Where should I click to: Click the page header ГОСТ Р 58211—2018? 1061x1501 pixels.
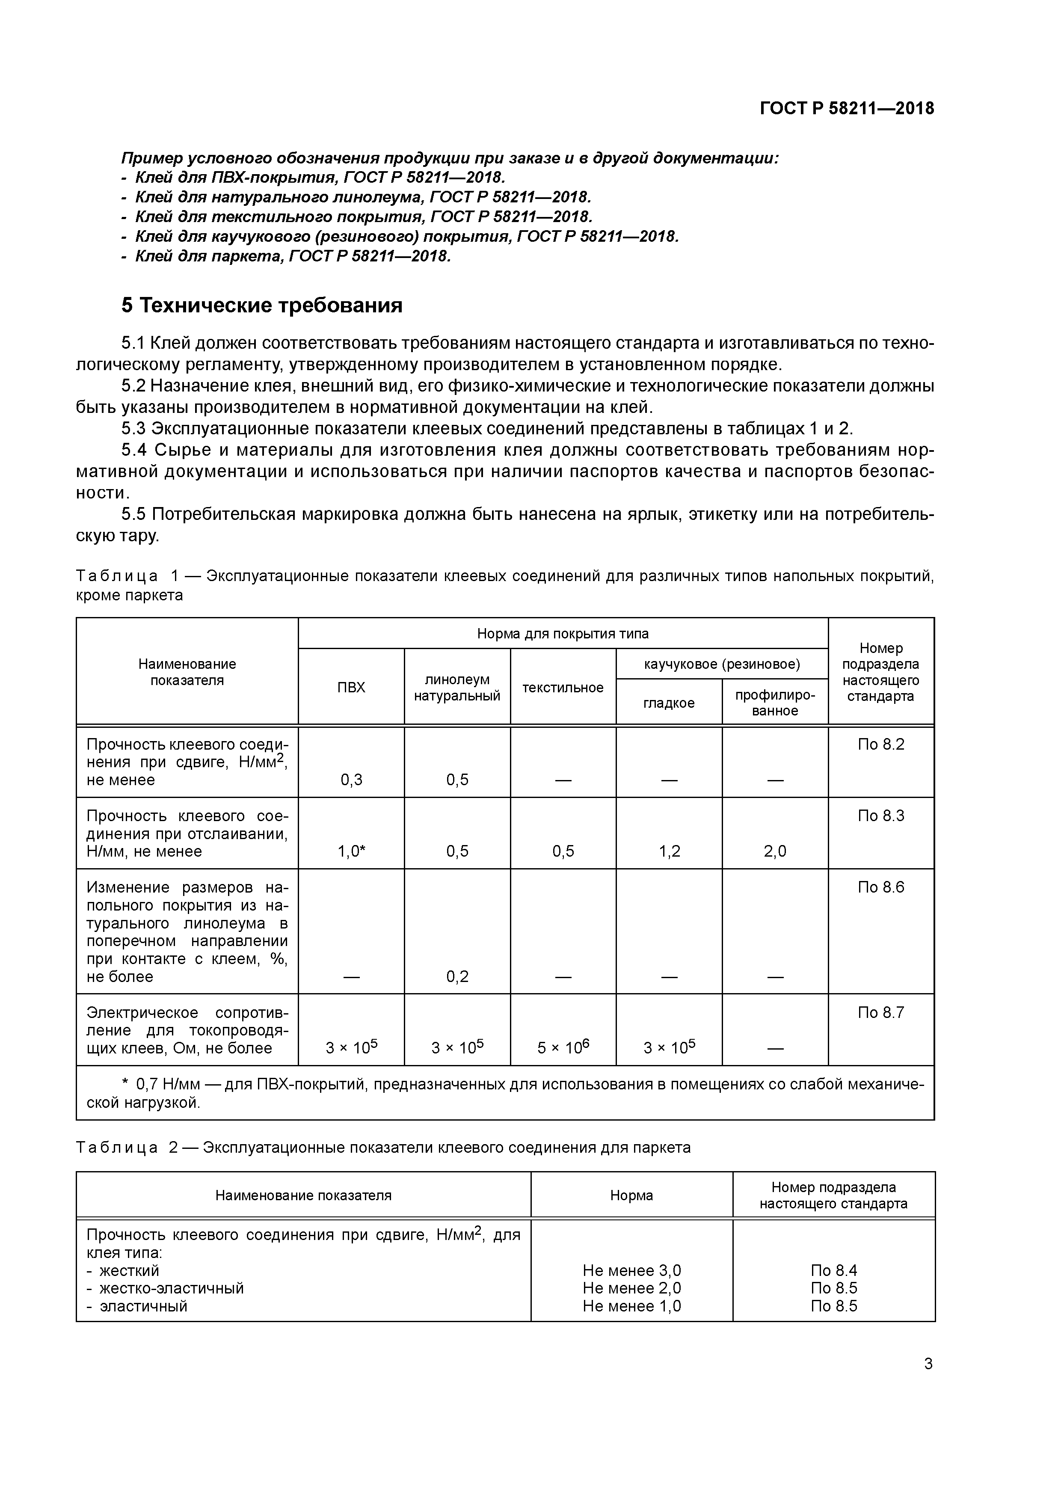point(847,109)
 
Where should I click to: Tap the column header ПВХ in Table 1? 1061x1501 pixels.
point(351,687)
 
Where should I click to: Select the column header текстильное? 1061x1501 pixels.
point(563,687)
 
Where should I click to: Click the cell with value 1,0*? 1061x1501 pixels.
point(351,851)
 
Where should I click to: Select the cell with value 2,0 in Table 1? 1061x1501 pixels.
point(775,851)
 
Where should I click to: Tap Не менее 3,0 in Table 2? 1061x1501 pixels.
point(631,1270)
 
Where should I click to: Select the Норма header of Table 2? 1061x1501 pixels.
point(631,1195)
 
